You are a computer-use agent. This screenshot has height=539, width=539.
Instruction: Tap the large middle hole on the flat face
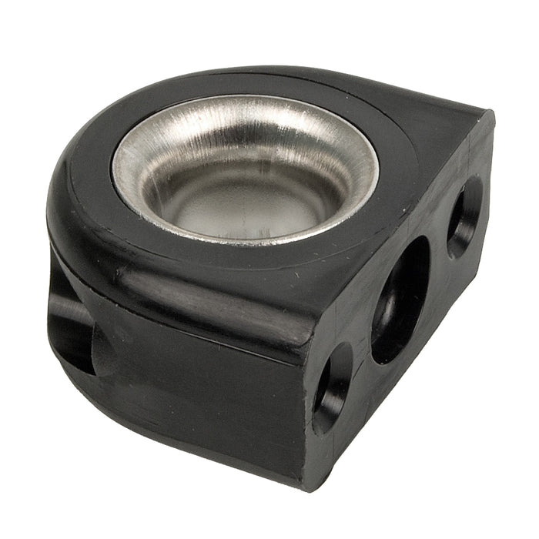(x=400, y=300)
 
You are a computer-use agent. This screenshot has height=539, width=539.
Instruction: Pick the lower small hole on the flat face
(x=332, y=387)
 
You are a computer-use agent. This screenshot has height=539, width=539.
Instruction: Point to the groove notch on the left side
(x=73, y=323)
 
